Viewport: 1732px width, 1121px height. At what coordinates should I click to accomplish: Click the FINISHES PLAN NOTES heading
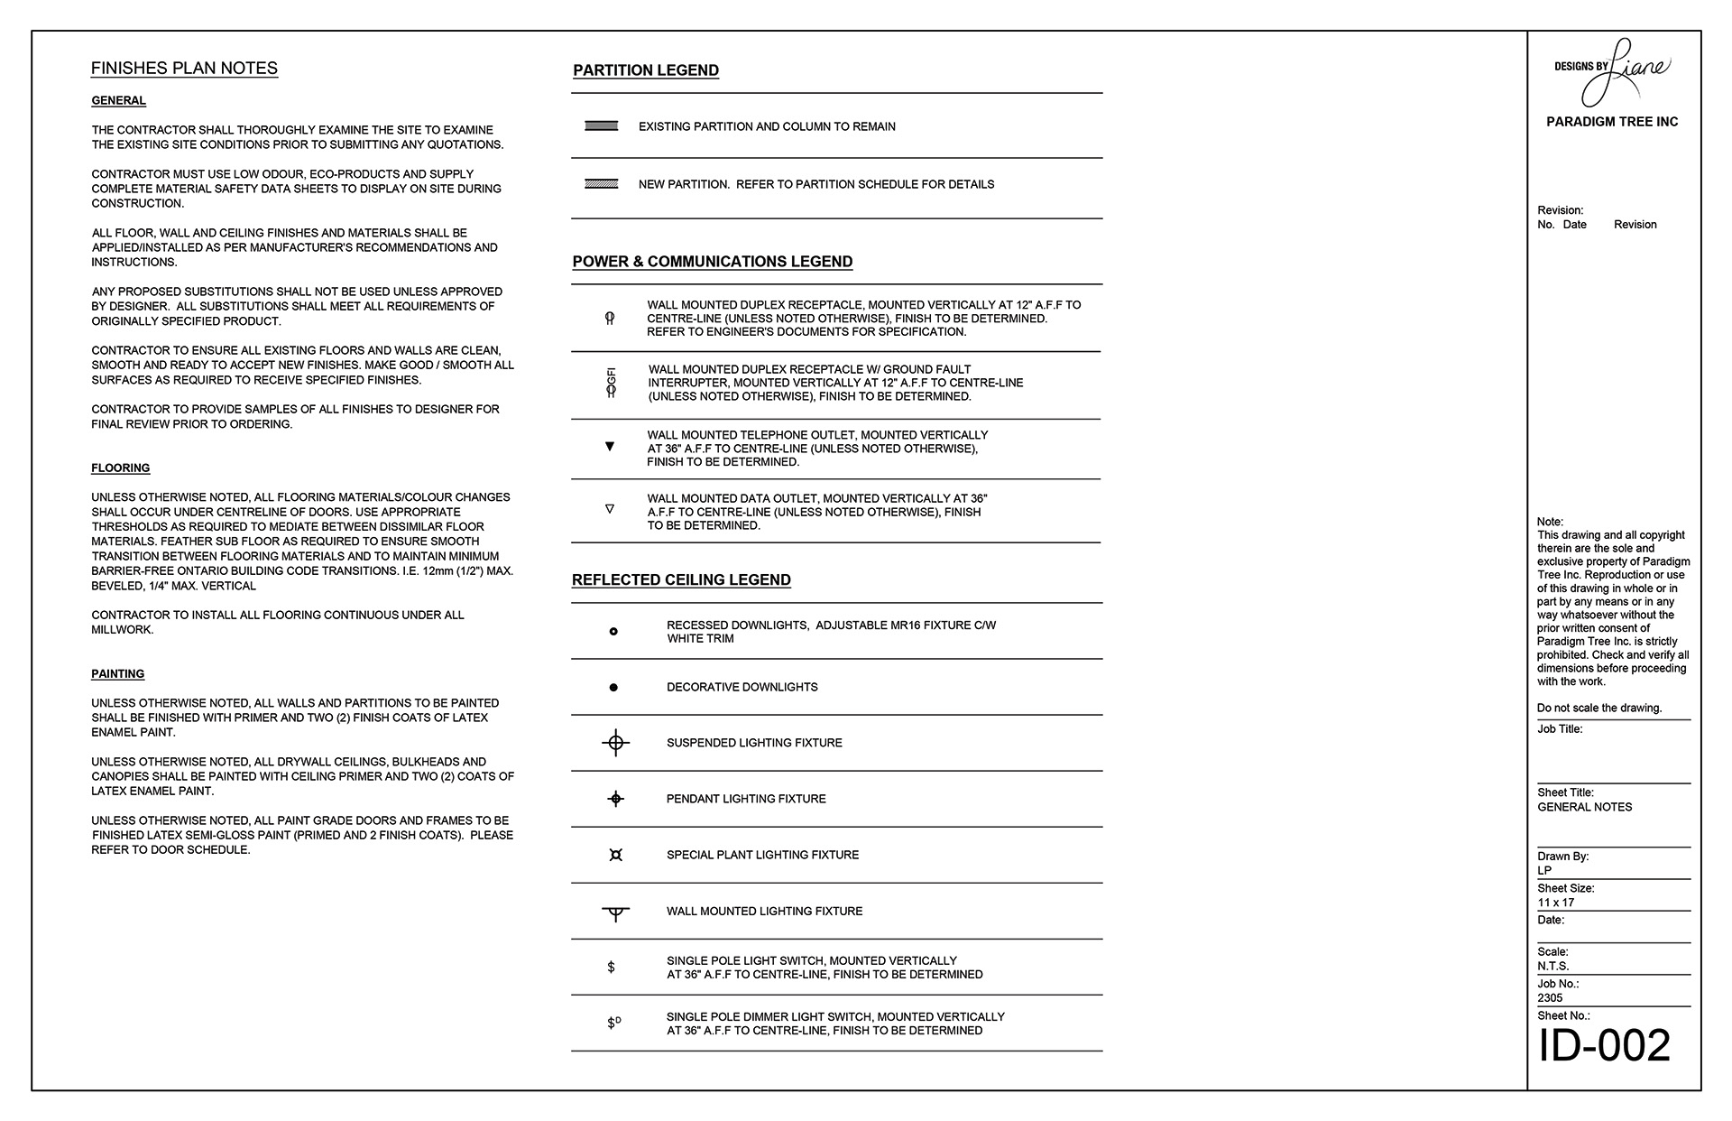point(184,69)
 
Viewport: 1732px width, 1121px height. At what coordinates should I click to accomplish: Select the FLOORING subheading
point(120,468)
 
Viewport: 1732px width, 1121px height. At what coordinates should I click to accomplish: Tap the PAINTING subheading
point(117,674)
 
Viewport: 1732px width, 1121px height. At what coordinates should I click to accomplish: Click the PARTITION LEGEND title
point(646,70)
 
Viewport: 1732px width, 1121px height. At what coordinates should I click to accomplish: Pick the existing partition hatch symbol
point(601,126)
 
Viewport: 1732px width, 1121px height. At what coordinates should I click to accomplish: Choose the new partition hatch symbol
point(601,184)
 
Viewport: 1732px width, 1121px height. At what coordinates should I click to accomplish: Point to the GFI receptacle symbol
point(611,384)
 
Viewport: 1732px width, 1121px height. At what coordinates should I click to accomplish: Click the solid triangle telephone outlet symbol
point(610,447)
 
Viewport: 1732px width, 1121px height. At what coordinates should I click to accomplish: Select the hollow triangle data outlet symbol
point(610,509)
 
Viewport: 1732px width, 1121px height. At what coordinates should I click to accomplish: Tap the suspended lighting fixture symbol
point(615,743)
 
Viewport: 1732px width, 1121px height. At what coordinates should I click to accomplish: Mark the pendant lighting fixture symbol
point(615,799)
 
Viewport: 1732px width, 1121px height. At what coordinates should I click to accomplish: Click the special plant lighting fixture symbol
point(615,855)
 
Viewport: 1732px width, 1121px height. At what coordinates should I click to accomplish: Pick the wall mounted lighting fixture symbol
point(615,913)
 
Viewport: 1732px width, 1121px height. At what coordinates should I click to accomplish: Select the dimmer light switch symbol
point(613,1024)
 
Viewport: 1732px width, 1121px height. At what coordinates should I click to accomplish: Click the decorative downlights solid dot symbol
point(613,688)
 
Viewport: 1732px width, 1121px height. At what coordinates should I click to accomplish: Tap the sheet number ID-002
point(1604,1046)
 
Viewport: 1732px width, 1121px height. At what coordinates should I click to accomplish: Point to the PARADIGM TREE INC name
point(1612,122)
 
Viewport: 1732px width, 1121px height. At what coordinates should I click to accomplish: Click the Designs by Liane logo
point(1612,70)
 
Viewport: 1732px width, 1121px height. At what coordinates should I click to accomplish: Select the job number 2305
point(1550,998)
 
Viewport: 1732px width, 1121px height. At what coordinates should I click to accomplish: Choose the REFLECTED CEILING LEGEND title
point(681,580)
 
